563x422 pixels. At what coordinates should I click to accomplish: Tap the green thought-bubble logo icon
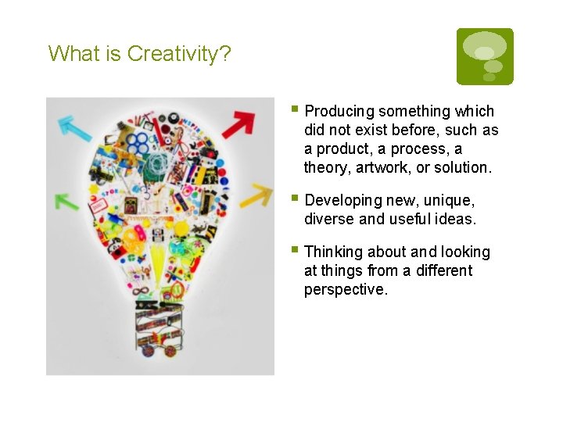[485, 56]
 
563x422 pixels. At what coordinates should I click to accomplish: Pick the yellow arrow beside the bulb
[255, 196]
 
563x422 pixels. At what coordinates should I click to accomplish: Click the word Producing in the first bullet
[339, 112]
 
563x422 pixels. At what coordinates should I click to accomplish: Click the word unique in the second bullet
[450, 201]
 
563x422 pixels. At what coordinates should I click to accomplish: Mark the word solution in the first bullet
[464, 167]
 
